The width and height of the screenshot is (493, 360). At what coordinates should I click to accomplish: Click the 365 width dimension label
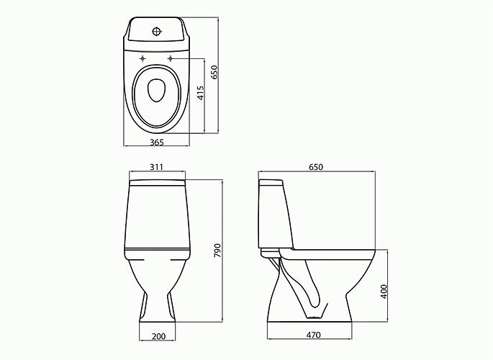[156, 143]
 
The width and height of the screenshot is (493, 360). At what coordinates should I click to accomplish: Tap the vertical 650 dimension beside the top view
[214, 72]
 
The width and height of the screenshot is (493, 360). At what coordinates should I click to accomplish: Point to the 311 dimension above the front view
[157, 168]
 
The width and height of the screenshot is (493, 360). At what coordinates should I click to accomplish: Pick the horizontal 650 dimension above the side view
[316, 168]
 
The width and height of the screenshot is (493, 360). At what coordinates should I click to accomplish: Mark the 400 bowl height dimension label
[384, 291]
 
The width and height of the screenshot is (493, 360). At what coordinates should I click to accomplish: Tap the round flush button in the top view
[157, 32]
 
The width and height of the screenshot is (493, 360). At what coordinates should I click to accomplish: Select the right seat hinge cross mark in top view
[171, 58]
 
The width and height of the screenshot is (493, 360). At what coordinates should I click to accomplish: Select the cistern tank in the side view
[275, 212]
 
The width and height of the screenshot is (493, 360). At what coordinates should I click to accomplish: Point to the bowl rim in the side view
[331, 253]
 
